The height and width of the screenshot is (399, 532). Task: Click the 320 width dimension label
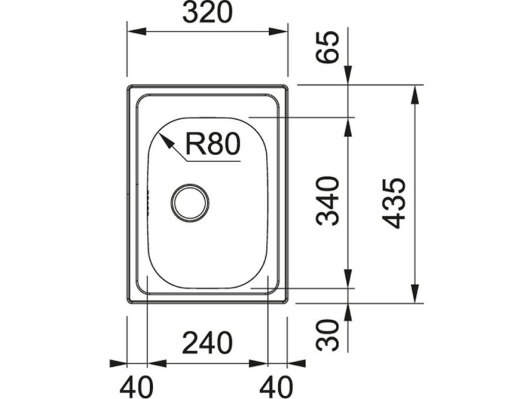[207, 14]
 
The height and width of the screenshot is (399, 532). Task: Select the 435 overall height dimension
[394, 202]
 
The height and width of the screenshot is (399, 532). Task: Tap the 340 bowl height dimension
[328, 200]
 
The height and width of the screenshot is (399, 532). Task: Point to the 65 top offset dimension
[328, 47]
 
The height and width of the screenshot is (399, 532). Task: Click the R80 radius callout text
[212, 144]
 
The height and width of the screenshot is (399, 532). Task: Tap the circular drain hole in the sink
[190, 202]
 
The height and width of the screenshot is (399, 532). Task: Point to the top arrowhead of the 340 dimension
[348, 126]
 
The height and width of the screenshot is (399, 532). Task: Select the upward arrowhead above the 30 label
[348, 311]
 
